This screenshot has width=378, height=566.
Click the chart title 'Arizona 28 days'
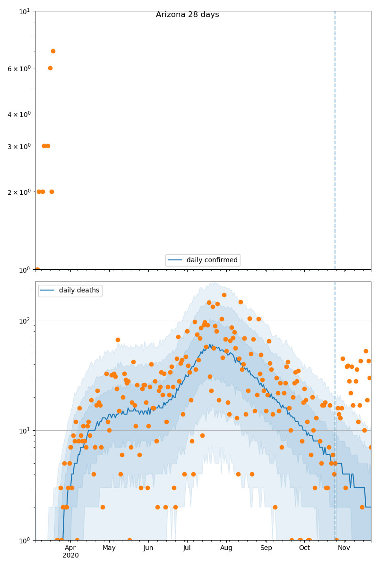(x=187, y=15)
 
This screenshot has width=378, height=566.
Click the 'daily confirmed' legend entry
(x=212, y=260)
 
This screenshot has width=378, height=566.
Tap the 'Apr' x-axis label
(x=70, y=548)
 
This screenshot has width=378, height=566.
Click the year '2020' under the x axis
(x=70, y=555)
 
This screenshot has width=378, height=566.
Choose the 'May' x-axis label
(x=109, y=548)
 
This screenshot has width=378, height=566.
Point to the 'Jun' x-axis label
(x=148, y=548)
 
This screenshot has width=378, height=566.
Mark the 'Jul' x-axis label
(x=187, y=548)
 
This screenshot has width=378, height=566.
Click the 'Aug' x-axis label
(x=226, y=548)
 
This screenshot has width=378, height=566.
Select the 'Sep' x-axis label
(x=266, y=548)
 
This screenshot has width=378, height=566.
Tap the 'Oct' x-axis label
(x=304, y=548)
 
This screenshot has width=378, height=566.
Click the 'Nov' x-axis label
(x=344, y=548)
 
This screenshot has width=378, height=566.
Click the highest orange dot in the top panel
(x=53, y=51)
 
